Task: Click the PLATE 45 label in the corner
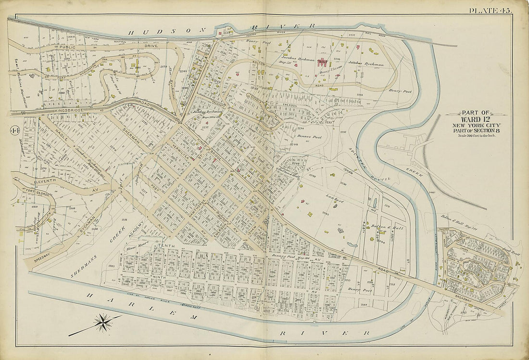[491, 10]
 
